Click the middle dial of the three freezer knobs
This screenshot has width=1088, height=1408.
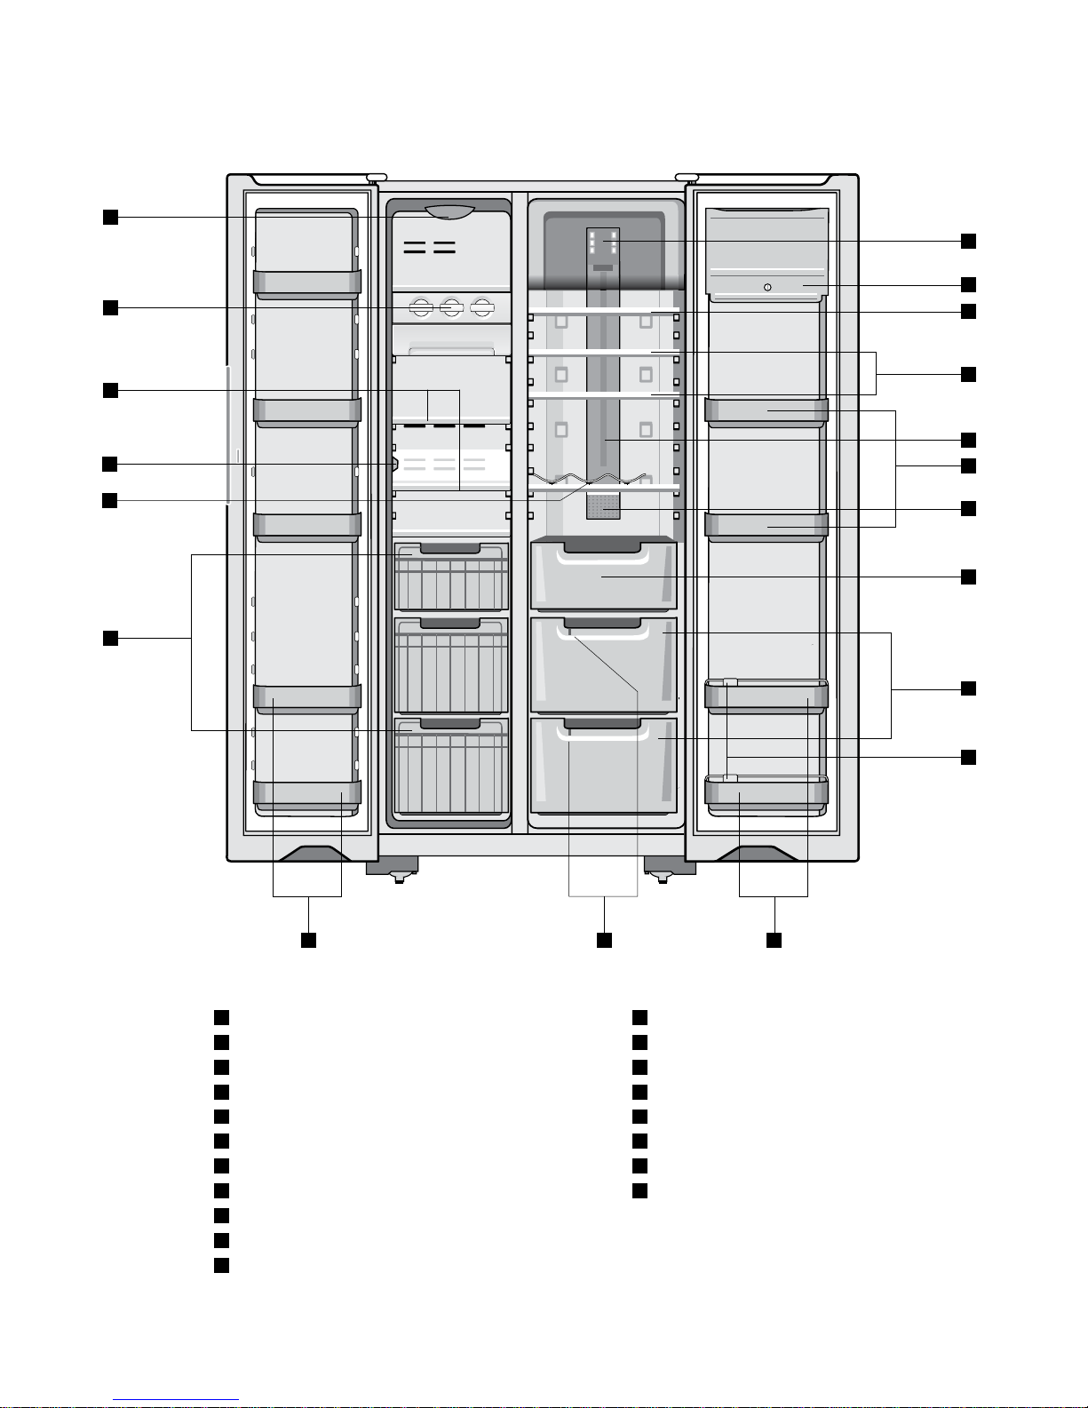coord(452,308)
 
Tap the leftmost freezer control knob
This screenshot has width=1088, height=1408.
coord(421,308)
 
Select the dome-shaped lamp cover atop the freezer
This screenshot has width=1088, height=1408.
coord(449,211)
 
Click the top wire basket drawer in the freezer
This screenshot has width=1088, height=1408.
coord(451,577)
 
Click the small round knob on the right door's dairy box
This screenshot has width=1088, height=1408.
coord(767,287)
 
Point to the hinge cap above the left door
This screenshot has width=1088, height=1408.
coord(376,178)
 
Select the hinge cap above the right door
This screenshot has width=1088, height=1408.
coord(687,178)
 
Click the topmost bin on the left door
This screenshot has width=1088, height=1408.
coord(307,282)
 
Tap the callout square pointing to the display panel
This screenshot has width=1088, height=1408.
coord(968,241)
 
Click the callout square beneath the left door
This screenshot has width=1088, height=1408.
coord(308,939)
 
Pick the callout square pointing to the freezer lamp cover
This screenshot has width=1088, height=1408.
coord(109,218)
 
